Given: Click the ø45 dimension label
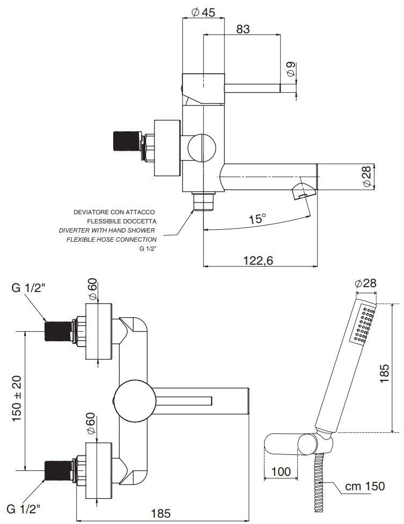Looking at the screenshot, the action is (x=203, y=12).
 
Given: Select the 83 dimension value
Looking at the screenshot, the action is (x=243, y=29).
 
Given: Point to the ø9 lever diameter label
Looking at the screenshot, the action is (x=291, y=69).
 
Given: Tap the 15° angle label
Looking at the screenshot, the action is (x=258, y=219).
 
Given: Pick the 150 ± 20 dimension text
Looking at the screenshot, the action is (x=17, y=398).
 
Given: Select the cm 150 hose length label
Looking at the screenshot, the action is (x=365, y=486).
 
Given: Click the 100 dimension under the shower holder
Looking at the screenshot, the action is (x=281, y=471).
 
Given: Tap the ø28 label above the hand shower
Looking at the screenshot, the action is (x=365, y=283).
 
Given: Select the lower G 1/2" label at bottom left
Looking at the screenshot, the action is (x=24, y=509).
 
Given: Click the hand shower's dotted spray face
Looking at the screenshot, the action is (x=363, y=324).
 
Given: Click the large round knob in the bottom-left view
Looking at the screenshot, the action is (x=134, y=401).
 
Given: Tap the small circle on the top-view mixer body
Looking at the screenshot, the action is (x=202, y=147).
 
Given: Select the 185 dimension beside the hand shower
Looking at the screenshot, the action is (x=384, y=373).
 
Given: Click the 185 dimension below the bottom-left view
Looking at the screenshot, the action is (x=161, y=513).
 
